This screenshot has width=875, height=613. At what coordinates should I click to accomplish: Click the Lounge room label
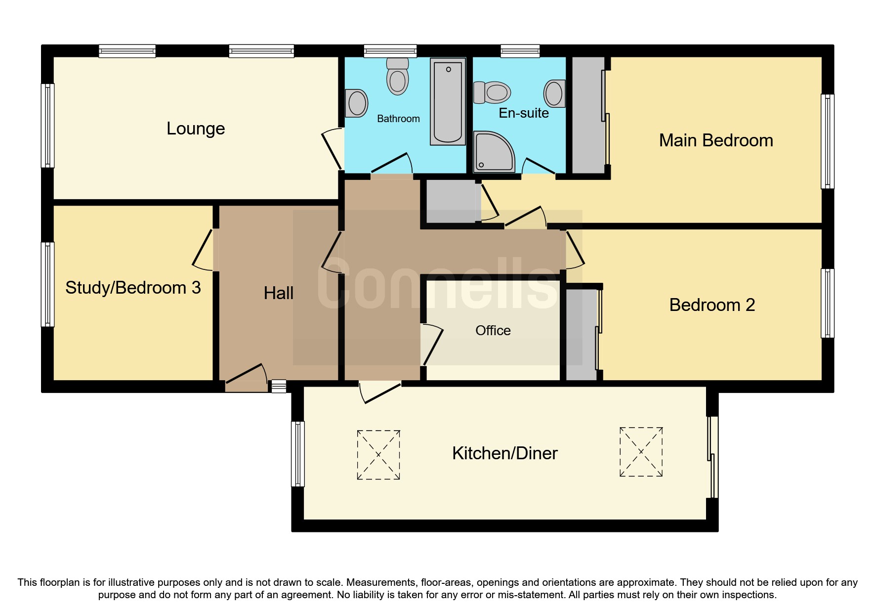click(x=196, y=129)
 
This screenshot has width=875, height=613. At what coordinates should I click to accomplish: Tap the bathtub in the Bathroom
click(x=448, y=101)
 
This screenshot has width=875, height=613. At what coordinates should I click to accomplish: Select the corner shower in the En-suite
click(x=492, y=152)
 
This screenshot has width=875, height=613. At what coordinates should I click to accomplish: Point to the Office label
click(x=493, y=330)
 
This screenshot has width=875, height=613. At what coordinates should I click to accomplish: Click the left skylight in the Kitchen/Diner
click(x=378, y=455)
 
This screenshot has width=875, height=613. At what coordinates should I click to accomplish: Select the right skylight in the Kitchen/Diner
click(x=641, y=452)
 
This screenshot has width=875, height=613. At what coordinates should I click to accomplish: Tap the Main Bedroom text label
click(x=715, y=140)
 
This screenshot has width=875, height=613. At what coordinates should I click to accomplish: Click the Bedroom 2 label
click(x=711, y=305)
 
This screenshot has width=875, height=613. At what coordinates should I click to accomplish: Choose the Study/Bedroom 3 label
click(x=133, y=288)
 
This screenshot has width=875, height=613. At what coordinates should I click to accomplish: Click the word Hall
click(x=278, y=293)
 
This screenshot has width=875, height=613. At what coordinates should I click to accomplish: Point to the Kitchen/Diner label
click(x=504, y=453)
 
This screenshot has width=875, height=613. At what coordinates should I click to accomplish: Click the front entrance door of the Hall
click(x=246, y=376)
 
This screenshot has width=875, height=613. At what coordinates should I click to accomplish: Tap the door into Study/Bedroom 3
click(x=203, y=250)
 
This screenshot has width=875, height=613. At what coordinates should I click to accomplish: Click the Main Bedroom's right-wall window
click(x=828, y=141)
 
